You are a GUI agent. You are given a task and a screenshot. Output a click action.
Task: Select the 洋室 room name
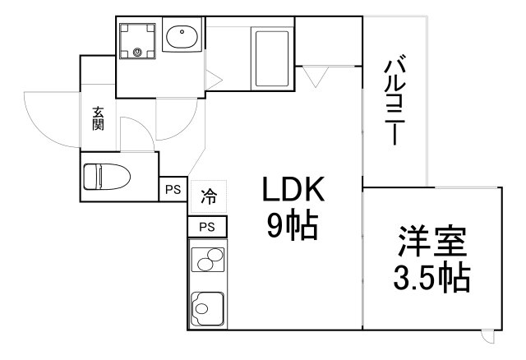point(433,244)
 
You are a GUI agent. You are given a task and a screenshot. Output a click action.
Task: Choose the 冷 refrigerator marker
point(209,197)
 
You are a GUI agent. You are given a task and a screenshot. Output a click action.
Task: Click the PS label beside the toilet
point(173,190)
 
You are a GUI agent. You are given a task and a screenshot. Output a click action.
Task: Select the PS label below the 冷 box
point(208,226)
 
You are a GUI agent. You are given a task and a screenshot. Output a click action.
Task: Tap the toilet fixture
point(104,176)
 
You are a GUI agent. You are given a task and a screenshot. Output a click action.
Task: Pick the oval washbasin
point(181,37)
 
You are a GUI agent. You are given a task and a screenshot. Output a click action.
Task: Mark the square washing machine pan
point(137,39)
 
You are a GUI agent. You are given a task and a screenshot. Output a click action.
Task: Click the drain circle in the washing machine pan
point(138,55)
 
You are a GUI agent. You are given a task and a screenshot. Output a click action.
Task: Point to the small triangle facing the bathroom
point(212,81)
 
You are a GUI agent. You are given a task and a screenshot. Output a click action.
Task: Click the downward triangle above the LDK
point(315,76)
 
